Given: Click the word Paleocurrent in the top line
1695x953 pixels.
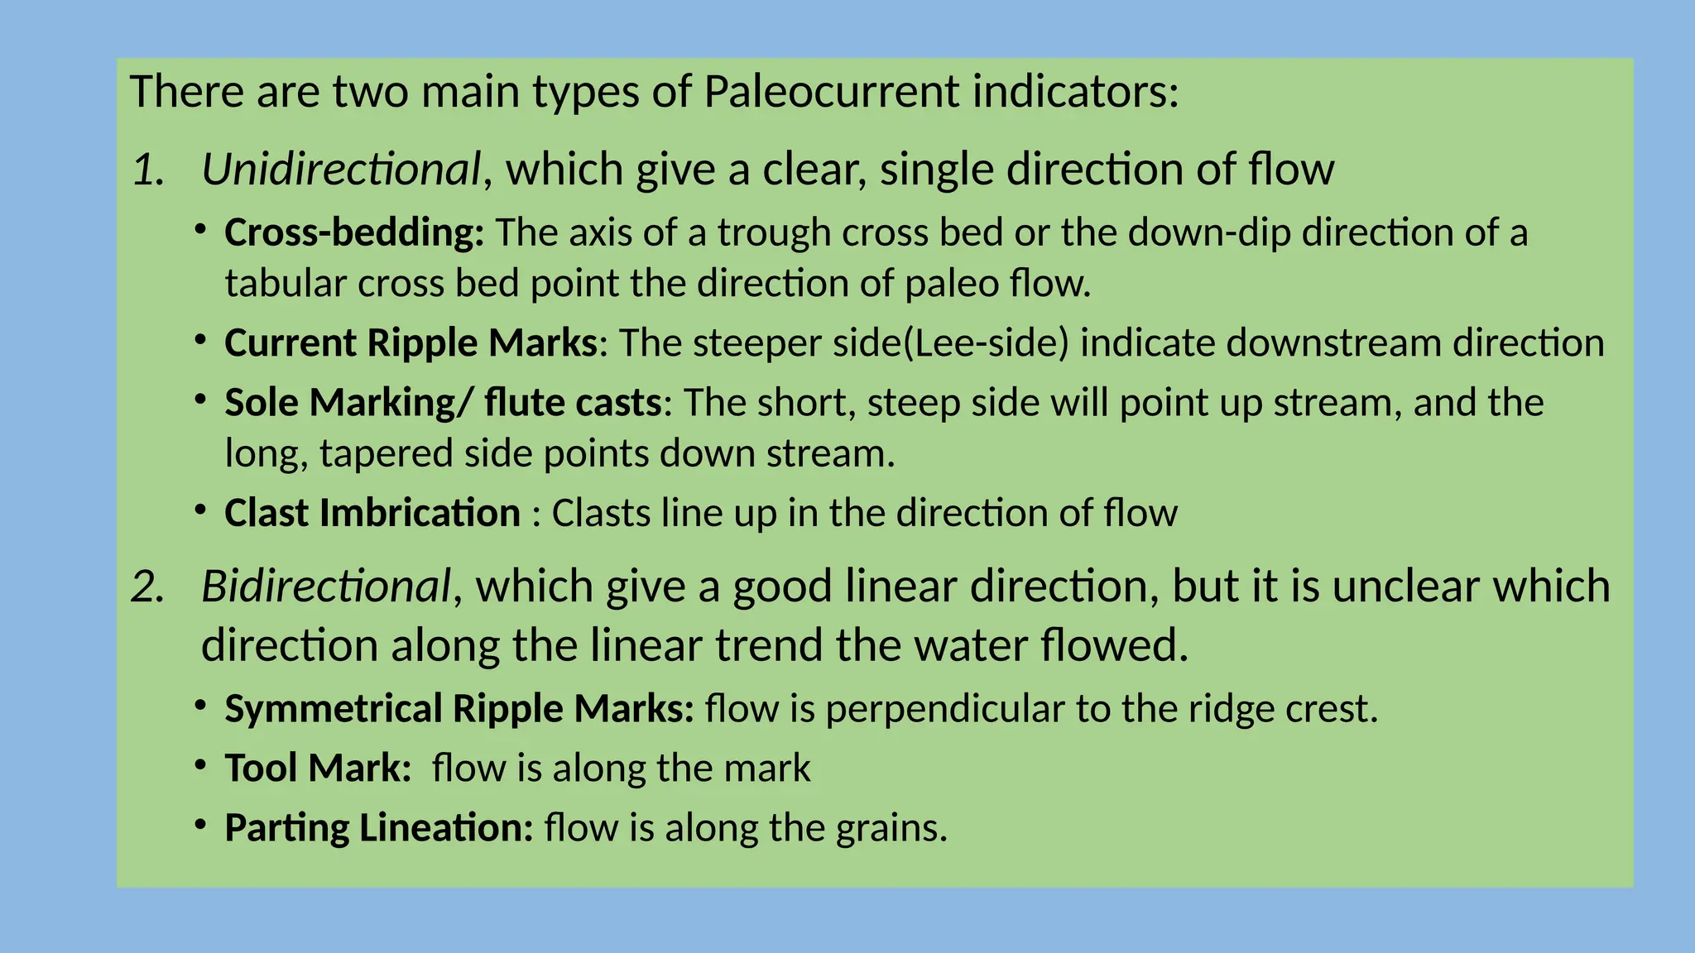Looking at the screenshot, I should coord(832,91).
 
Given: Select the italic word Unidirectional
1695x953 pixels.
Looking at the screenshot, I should coord(340,169).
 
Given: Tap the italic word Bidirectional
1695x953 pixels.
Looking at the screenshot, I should coord(325,586).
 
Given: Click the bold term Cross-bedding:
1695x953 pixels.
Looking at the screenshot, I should coord(354,232).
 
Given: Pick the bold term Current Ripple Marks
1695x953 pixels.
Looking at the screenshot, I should coord(411,342).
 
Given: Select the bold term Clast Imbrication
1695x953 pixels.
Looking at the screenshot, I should coord(372,513).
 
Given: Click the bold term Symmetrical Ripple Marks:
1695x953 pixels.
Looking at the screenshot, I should coord(459,709).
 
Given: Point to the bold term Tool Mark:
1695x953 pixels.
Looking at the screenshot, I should coord(318,768).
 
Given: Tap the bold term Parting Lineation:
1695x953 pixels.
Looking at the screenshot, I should coord(378,827).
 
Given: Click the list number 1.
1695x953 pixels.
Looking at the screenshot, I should coord(148,170).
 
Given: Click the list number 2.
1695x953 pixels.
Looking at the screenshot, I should coord(148,587).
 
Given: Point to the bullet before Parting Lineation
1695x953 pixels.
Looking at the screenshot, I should coord(200,824).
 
